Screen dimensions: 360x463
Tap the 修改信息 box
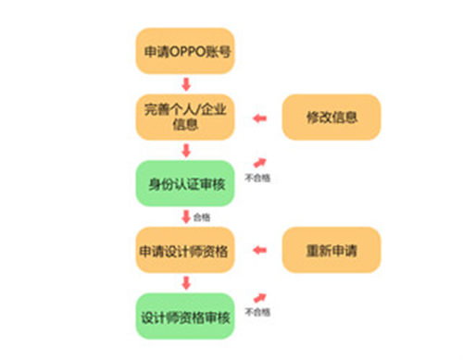pyautogui.click(x=331, y=118)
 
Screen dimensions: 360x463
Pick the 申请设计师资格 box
pyautogui.click(x=186, y=250)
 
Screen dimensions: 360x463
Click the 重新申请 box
pyautogui.click(x=331, y=250)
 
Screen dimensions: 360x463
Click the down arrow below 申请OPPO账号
pyautogui.click(x=186, y=84)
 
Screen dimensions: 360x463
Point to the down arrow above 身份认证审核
pyautogui.click(x=186, y=151)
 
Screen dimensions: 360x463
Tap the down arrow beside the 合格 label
pyautogui.click(x=185, y=217)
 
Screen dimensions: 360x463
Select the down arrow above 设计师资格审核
pyautogui.click(x=186, y=283)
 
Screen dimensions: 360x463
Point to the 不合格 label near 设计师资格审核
pyautogui.click(x=257, y=312)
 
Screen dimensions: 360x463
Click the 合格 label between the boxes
pyautogui.click(x=201, y=217)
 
